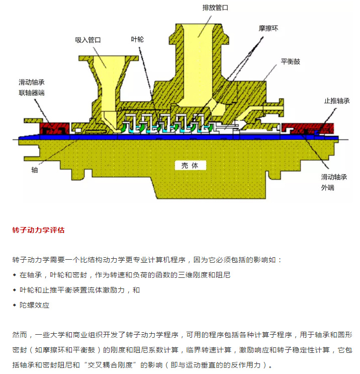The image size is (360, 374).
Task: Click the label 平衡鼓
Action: [x=290, y=61]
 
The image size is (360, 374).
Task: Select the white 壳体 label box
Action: [x=190, y=165]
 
